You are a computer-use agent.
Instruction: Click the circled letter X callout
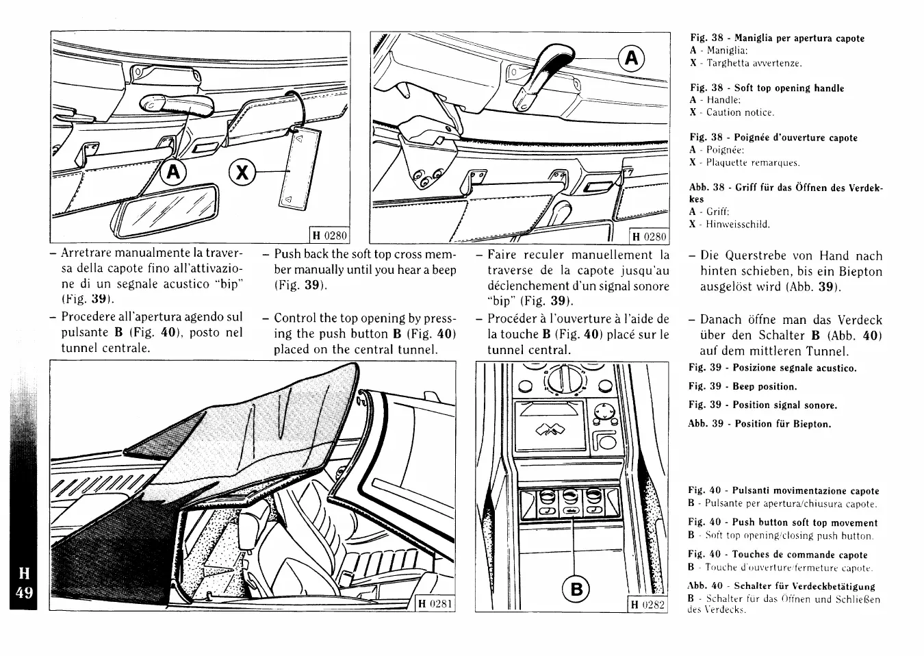pyautogui.click(x=240, y=171)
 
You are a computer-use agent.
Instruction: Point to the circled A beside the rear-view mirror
pyautogui.click(x=172, y=172)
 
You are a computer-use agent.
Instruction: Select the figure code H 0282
pyautogui.click(x=647, y=604)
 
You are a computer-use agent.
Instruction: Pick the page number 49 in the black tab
pyautogui.click(x=24, y=592)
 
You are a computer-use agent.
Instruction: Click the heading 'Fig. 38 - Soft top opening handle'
pyautogui.click(x=767, y=88)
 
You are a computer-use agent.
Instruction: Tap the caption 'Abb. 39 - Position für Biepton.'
pyautogui.click(x=759, y=424)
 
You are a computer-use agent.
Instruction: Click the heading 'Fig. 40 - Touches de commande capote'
pyautogui.click(x=778, y=555)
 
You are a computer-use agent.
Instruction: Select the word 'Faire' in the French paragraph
pyautogui.click(x=502, y=255)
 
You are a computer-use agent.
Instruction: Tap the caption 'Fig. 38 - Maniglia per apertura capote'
pyautogui.click(x=777, y=38)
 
